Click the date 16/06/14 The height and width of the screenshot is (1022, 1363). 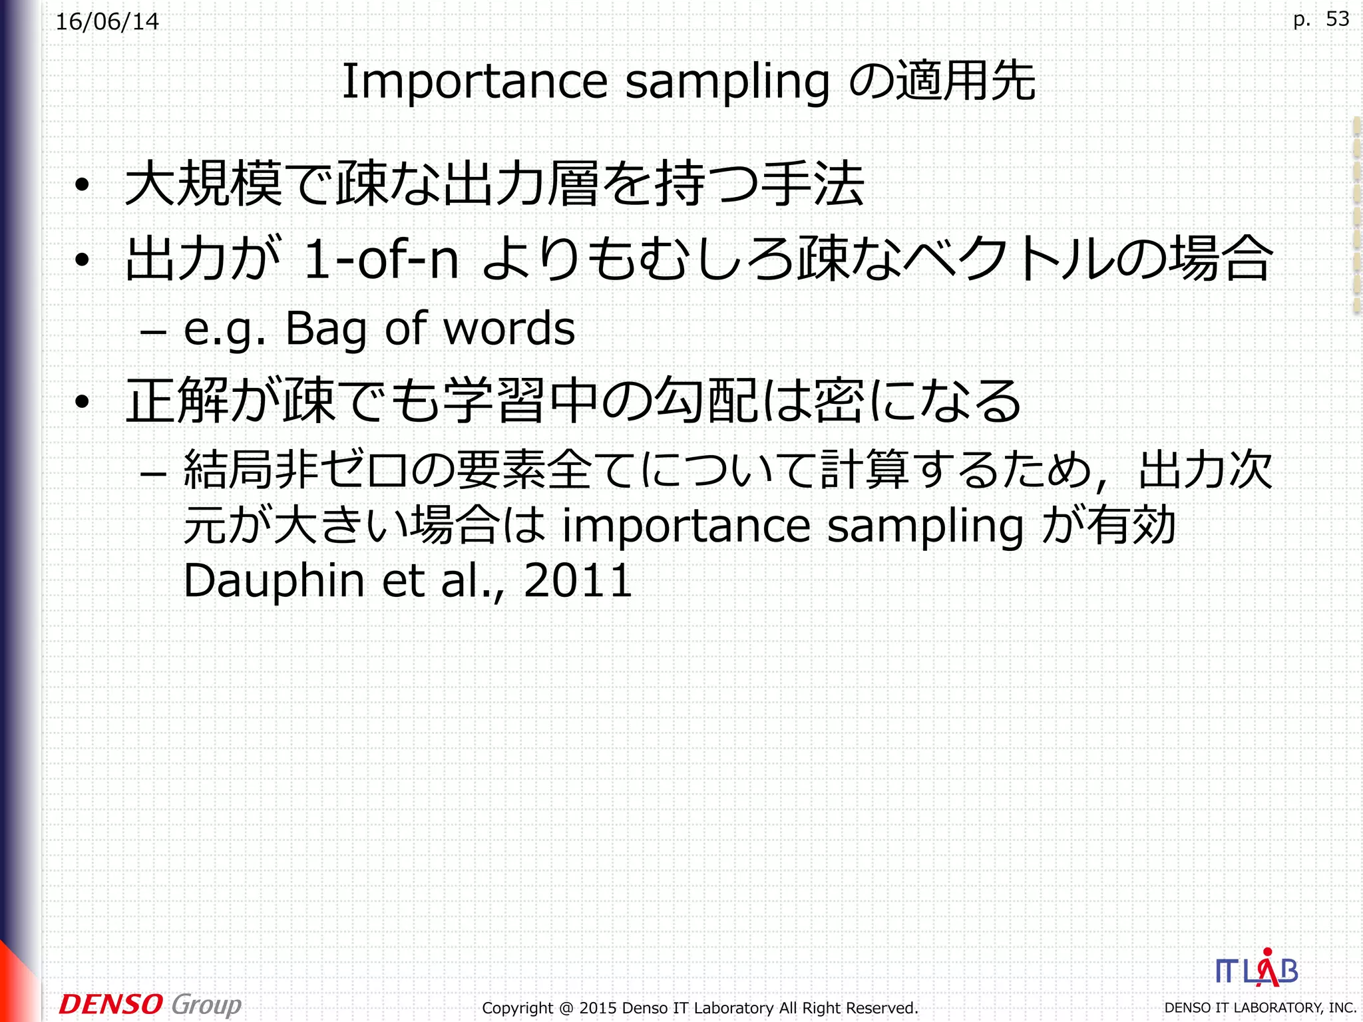pyautogui.click(x=107, y=22)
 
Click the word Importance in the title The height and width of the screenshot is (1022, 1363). pyautogui.click(x=475, y=81)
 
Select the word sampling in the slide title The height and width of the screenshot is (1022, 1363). pyautogui.click(x=727, y=83)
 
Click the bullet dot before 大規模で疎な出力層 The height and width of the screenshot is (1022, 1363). pyautogui.click(x=82, y=186)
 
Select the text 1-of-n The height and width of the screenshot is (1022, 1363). pyautogui.click(x=381, y=259)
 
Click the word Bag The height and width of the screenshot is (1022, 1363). pyautogui.click(x=326, y=329)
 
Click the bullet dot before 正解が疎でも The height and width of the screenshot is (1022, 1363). pyautogui.click(x=82, y=401)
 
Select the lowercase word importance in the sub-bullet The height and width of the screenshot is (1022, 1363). pyautogui.click(x=685, y=526)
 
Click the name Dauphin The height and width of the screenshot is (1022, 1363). pyautogui.click(x=274, y=581)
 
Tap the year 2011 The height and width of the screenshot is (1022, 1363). pyautogui.click(x=578, y=581)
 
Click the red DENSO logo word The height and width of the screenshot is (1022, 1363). pyautogui.click(x=110, y=1004)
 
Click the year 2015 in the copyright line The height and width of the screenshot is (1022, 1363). pyautogui.click(x=598, y=1008)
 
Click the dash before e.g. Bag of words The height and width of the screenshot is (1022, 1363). pyautogui.click(x=153, y=330)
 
